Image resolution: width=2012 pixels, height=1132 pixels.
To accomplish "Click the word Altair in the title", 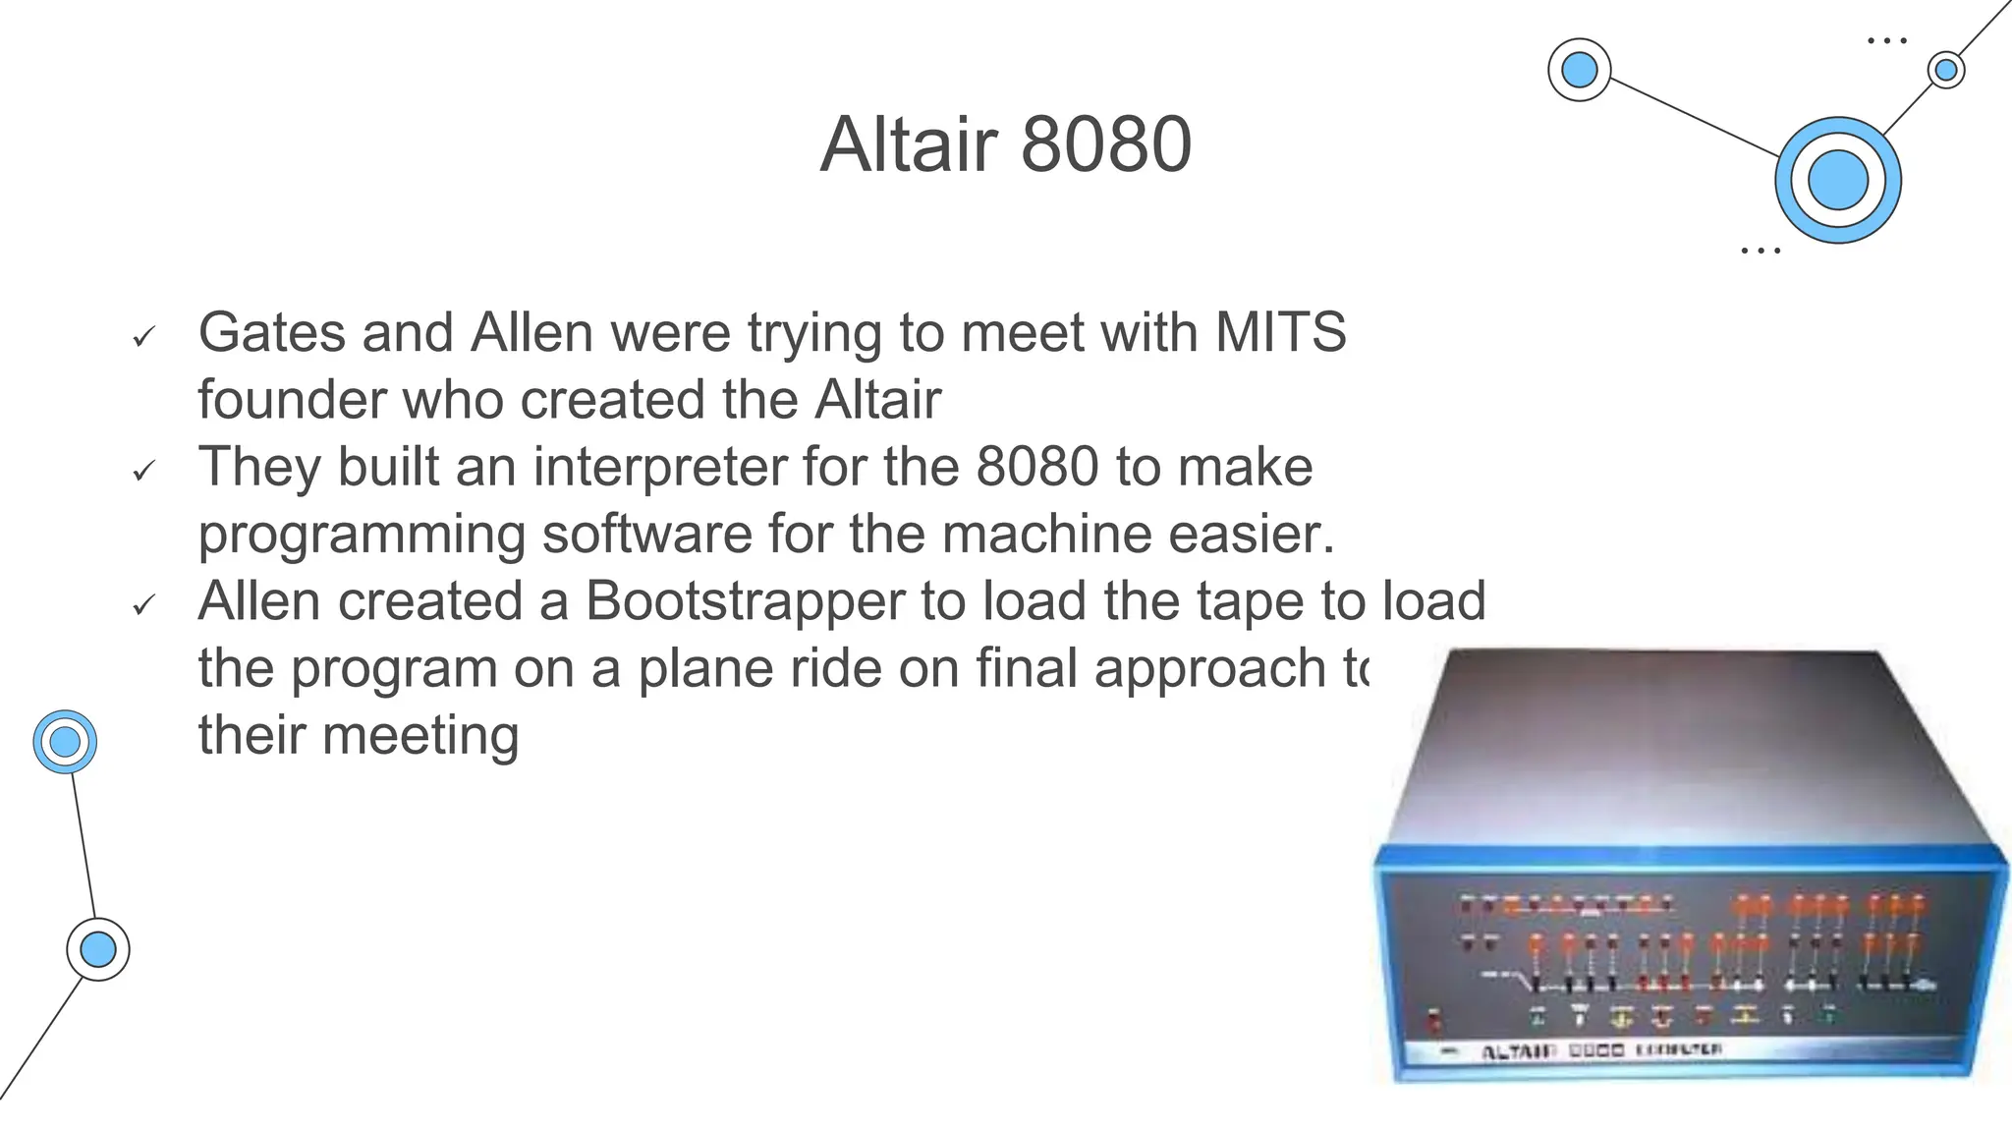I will coord(909,144).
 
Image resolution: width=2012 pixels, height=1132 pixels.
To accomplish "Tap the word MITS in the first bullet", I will coord(1280,332).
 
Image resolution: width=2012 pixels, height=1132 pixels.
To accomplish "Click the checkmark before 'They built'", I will coord(143,473).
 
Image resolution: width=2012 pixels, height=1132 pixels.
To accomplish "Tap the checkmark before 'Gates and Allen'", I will coord(143,338).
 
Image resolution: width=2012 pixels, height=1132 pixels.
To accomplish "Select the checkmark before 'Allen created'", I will coord(143,606).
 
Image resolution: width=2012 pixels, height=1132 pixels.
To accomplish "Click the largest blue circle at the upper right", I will coord(1837,180).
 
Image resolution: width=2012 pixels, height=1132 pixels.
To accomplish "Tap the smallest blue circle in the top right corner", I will coord(1946,70).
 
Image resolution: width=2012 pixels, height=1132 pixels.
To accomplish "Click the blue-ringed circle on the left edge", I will coord(65,742).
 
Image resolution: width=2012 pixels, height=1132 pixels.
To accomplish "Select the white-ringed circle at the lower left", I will coord(98,950).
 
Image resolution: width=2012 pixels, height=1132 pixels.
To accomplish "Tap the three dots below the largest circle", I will coord(1760,251).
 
